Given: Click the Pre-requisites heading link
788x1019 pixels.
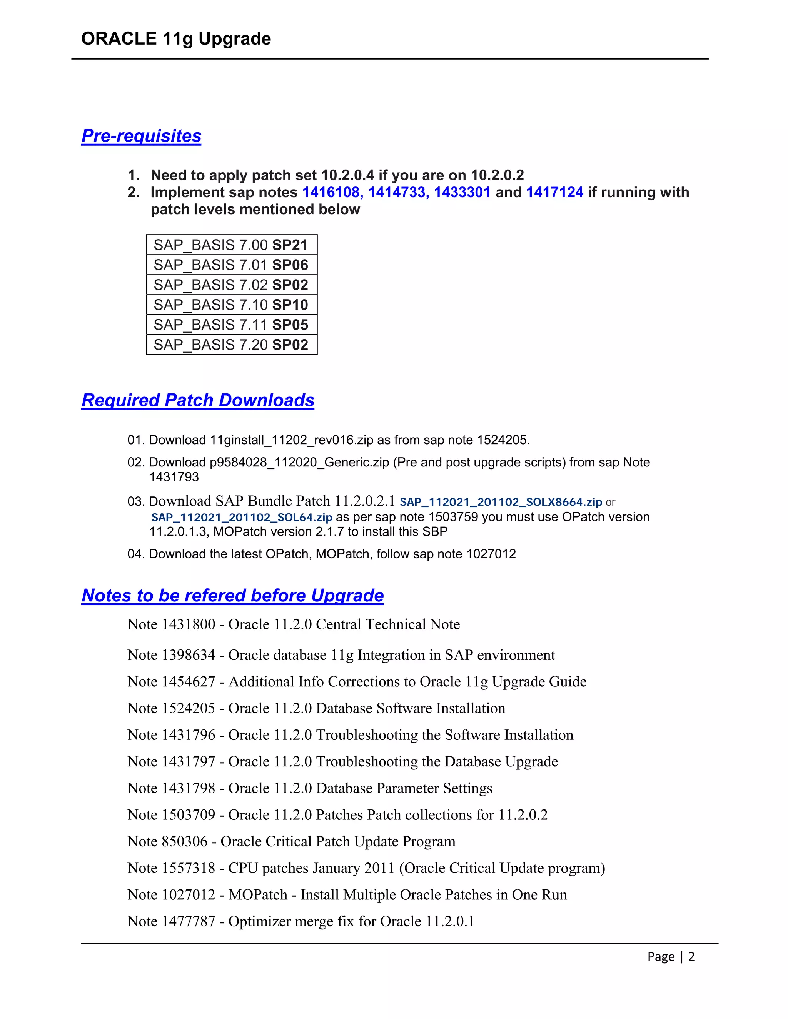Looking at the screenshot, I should pyautogui.click(x=141, y=136).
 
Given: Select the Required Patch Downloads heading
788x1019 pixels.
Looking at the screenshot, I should pyautogui.click(x=197, y=400).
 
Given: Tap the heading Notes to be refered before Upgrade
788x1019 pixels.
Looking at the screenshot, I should pyautogui.click(x=232, y=595).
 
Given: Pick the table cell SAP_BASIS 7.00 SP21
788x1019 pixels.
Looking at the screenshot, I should pyautogui.click(x=231, y=245).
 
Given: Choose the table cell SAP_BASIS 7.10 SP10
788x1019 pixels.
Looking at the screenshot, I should pyautogui.click(x=231, y=305).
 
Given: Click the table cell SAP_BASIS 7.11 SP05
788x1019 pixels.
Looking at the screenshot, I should pyautogui.click(x=231, y=325).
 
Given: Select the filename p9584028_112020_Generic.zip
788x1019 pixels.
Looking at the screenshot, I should pyautogui.click(x=299, y=462).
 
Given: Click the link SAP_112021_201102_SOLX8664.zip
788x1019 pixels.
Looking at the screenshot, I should pyautogui.click(x=501, y=502).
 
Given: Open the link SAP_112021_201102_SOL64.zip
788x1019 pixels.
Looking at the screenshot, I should pyautogui.click(x=241, y=518).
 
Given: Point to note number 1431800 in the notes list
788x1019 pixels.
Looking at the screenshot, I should pyautogui.click(x=188, y=624).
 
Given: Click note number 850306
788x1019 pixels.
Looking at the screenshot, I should pyautogui.click(x=184, y=841).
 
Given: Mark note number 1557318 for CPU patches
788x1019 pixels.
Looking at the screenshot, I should pyautogui.click(x=188, y=868).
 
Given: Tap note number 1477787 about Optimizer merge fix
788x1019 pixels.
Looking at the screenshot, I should pyautogui.click(x=188, y=921).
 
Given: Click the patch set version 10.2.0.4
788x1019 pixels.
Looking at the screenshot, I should pyautogui.click(x=348, y=175).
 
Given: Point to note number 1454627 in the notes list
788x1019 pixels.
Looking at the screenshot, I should pyautogui.click(x=188, y=682).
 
